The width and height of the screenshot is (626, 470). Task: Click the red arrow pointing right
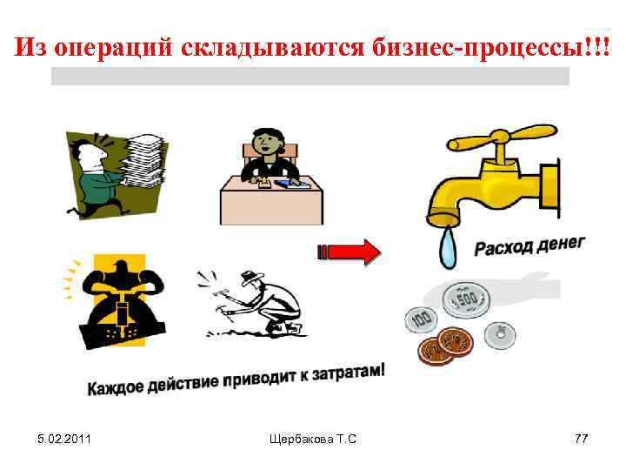click(349, 252)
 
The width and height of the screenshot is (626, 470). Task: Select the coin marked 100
click(423, 319)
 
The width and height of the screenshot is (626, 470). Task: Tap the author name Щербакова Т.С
click(313, 440)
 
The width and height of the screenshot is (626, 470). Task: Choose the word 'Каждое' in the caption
click(116, 388)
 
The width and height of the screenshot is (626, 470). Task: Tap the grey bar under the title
click(310, 76)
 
